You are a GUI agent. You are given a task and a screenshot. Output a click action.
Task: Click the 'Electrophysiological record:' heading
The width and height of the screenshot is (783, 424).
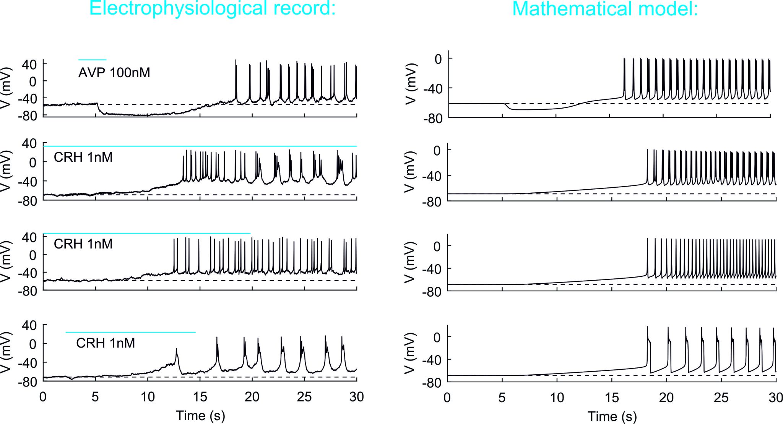(212, 8)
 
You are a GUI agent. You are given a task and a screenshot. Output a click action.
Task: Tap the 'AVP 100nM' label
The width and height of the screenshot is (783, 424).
(114, 73)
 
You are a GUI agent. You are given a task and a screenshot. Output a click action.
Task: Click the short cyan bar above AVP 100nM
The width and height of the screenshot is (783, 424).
(92, 60)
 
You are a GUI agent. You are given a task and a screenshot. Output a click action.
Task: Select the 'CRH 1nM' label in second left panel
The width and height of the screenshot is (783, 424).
(83, 157)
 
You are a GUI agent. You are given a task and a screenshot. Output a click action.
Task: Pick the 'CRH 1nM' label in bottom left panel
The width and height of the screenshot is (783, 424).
(106, 343)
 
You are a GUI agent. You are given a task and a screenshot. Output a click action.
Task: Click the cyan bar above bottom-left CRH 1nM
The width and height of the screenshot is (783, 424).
(130, 332)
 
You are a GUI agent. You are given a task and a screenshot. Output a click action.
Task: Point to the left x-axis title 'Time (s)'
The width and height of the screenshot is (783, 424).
(200, 416)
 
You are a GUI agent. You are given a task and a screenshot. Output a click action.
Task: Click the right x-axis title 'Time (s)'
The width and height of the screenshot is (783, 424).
(612, 416)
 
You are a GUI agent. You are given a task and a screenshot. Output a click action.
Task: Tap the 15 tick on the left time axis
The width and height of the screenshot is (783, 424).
(200, 397)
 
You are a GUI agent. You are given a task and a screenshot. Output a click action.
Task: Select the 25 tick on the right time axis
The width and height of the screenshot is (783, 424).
(721, 398)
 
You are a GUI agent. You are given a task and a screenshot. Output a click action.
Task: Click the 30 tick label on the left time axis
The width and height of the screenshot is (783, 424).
(356, 397)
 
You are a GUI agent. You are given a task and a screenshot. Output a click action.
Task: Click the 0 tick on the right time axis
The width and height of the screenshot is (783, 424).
(447, 398)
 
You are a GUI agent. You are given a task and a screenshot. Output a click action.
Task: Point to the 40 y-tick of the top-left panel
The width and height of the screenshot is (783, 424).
(29, 64)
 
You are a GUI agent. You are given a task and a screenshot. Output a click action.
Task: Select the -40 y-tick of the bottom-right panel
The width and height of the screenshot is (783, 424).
(432, 360)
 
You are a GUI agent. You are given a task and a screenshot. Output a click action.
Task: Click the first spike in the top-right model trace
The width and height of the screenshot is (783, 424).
(624, 60)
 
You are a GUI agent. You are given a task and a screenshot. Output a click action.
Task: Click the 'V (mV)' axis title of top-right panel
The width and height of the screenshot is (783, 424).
(410, 84)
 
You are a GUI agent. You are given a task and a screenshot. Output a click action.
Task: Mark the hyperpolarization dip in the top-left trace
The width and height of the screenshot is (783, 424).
(126, 114)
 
